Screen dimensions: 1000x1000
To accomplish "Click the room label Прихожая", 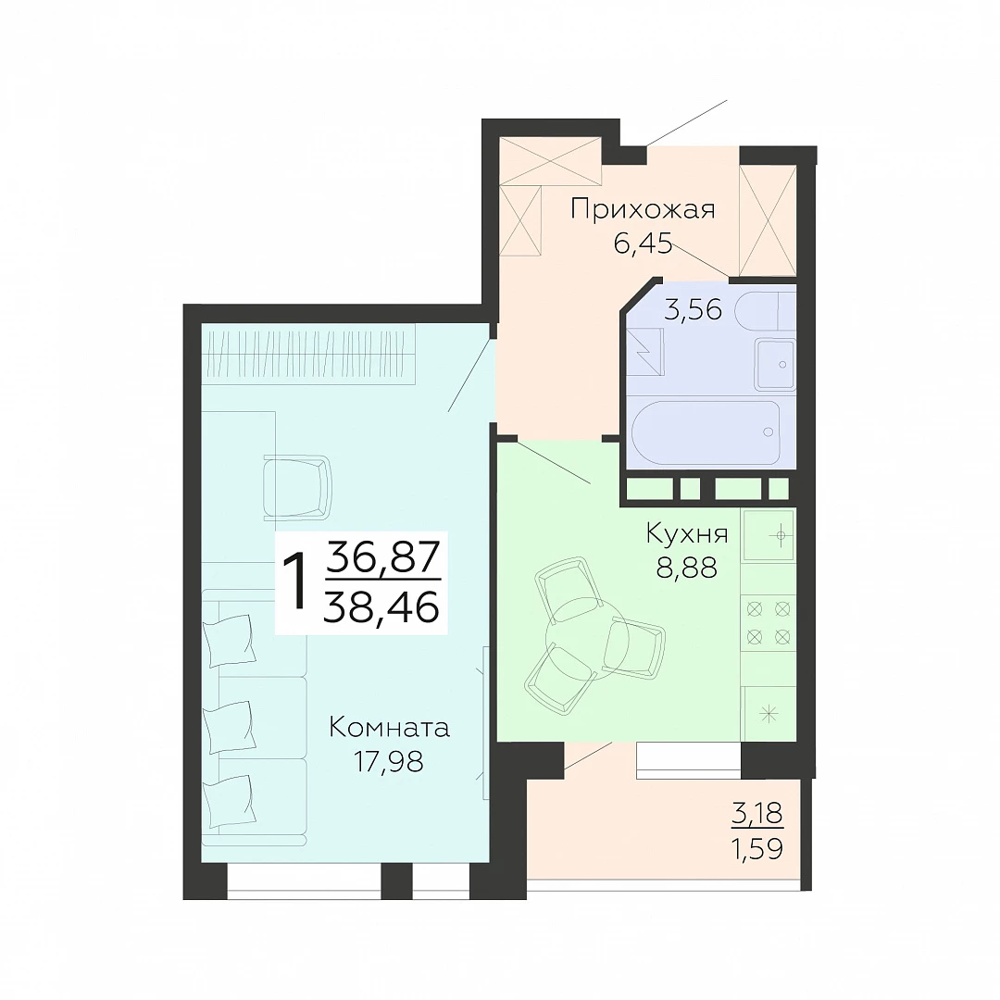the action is coord(643,210).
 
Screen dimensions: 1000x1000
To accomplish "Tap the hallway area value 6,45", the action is coord(643,244).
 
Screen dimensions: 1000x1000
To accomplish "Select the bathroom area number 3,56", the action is coord(693,310).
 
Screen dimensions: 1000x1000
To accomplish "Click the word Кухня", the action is coord(687,533).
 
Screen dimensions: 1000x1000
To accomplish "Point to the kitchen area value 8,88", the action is coord(687,567).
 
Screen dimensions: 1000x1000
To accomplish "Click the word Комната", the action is coord(389,728).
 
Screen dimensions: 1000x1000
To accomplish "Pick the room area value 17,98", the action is coord(389,761).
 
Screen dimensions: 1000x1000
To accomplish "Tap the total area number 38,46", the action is coord(382,606).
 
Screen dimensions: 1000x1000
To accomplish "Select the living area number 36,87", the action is coord(382,556).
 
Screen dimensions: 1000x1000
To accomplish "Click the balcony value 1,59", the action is coord(757,849).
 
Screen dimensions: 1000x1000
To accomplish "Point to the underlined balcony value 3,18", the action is coord(757,815).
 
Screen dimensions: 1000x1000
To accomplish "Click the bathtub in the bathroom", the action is coord(706,432).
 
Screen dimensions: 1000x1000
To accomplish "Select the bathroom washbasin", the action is coord(775,364).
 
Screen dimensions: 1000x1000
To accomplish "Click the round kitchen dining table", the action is coord(587,640).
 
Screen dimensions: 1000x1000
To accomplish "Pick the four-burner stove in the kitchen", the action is coord(769,623).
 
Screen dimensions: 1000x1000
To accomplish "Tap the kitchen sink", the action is coord(769,535).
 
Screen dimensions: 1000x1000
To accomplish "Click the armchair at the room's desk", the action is coord(297,487).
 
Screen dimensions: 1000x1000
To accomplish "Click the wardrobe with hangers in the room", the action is coord(308,355).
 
